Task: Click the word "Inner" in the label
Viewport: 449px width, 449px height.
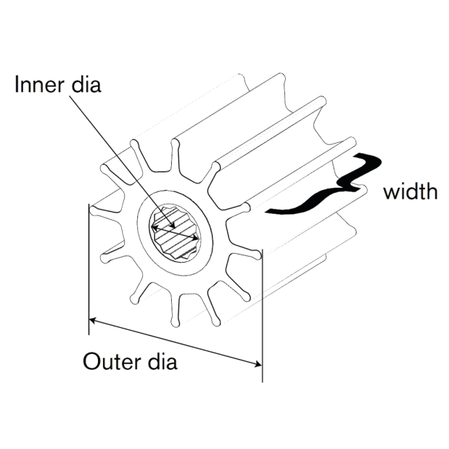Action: click(x=39, y=84)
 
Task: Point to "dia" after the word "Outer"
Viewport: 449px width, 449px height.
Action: click(x=162, y=361)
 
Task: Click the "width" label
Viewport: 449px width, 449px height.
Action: click(x=411, y=191)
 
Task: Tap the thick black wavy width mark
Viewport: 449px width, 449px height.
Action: click(x=324, y=184)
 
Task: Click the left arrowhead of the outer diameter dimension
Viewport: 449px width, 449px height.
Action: click(x=92, y=321)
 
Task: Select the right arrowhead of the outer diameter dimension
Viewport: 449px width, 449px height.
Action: click(x=258, y=364)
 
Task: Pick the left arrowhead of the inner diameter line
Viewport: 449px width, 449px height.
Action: click(x=155, y=228)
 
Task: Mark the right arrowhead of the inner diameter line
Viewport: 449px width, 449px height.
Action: click(x=196, y=238)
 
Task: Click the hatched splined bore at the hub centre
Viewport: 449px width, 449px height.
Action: click(x=175, y=233)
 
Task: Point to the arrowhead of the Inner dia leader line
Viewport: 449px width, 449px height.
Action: click(x=172, y=225)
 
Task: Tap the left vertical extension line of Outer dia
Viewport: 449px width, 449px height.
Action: click(x=88, y=269)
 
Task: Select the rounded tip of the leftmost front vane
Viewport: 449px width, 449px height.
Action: click(x=94, y=211)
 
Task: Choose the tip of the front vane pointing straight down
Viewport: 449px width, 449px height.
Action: click(x=175, y=323)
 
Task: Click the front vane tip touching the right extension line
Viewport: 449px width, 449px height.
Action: click(x=258, y=255)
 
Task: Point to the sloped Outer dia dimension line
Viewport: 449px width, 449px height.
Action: click(x=176, y=342)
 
